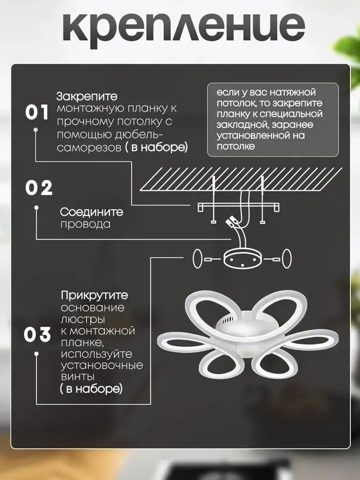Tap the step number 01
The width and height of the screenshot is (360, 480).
(37, 113)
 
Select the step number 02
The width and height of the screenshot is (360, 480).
(39, 188)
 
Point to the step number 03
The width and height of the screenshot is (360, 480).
(37, 335)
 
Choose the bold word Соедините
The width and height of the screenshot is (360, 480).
(91, 212)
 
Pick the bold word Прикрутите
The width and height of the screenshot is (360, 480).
(94, 295)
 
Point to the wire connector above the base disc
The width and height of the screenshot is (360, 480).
(232, 222)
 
